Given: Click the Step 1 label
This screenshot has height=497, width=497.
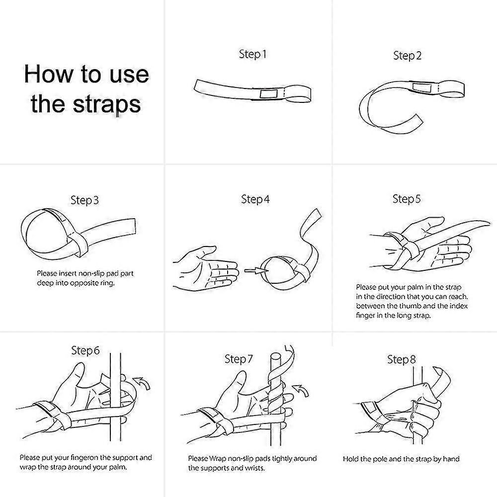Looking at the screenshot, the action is (x=252, y=55).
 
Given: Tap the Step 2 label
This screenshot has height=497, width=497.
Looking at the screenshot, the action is (x=408, y=56).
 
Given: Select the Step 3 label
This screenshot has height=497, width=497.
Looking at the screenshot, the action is (x=84, y=200).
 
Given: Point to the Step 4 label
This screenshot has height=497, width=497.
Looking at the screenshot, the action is (x=255, y=199).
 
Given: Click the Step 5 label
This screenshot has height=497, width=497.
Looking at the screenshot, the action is (x=407, y=199).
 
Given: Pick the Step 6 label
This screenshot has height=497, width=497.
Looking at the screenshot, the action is (x=85, y=350).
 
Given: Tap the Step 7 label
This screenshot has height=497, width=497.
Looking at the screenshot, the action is (x=239, y=359).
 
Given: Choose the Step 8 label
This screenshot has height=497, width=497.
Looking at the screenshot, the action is (x=401, y=360).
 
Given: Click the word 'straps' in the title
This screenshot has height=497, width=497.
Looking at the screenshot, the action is (x=107, y=104).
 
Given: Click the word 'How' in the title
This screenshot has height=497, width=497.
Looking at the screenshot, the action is (x=48, y=74).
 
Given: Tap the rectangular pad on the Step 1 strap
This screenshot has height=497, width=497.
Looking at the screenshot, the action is (x=268, y=94).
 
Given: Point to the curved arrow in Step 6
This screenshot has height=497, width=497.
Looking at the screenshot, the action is (x=142, y=383).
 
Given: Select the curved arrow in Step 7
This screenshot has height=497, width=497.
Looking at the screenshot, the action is (x=301, y=391).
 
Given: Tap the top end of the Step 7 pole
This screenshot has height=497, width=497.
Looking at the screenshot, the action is (x=276, y=356).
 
